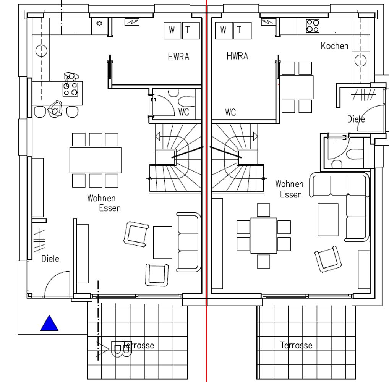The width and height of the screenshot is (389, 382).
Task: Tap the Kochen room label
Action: [334, 46]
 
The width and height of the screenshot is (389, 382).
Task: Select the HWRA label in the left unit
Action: [178, 57]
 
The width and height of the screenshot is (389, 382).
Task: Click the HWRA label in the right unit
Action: [237, 56]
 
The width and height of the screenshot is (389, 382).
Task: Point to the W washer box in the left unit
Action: [172, 31]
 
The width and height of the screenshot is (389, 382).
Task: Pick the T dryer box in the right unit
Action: [243, 31]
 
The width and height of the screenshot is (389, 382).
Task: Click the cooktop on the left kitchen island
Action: [70, 89]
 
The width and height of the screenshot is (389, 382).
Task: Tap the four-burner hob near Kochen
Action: [313, 26]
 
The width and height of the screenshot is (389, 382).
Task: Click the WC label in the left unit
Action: [183, 112]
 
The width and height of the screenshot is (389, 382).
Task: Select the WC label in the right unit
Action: [230, 112]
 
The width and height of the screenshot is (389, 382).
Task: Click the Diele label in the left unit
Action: [50, 259]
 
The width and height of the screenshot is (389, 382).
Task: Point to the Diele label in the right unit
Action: [356, 119]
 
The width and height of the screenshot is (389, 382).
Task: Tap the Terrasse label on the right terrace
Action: [296, 345]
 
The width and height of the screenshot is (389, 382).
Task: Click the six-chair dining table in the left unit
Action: [96, 160]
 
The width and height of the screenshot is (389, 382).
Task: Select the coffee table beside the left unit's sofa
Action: [162, 242]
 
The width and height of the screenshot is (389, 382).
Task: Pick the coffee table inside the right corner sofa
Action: [328, 220]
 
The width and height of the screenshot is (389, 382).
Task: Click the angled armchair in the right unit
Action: [328, 259]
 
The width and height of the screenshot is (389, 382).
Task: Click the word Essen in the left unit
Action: [110, 208]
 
